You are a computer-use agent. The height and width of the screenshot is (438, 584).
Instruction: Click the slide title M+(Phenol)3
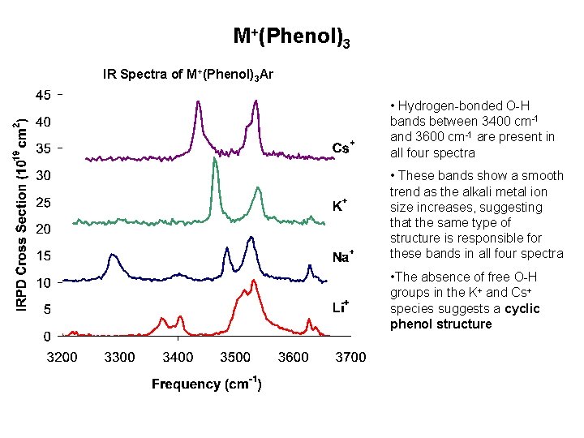coord(291,37)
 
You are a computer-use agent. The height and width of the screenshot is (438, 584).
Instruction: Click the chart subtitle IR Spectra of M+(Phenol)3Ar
coord(188,75)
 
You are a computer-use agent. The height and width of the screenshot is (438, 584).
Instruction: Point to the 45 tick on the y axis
coord(43,95)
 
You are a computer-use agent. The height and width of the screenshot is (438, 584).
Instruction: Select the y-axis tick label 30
coord(43,175)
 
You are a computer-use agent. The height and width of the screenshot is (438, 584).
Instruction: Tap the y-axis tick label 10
coord(43,283)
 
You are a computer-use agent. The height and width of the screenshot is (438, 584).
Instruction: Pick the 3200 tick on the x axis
coord(62,357)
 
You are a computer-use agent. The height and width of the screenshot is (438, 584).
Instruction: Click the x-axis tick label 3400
coord(178,357)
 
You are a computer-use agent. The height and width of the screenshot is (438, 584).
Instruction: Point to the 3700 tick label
coord(351,357)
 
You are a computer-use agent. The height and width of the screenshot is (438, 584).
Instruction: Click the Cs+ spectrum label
coord(342,148)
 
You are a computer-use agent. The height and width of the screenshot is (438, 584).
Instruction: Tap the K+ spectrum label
coord(341,205)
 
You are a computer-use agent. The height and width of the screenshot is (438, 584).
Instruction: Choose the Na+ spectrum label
coord(342,257)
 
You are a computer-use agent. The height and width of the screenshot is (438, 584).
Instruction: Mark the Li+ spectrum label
coord(341,307)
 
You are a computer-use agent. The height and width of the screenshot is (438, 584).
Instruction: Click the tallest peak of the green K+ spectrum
coord(215,159)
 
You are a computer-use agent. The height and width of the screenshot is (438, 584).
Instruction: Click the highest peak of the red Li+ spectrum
coord(254,281)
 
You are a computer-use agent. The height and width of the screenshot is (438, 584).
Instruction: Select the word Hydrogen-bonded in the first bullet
coord(441,106)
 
